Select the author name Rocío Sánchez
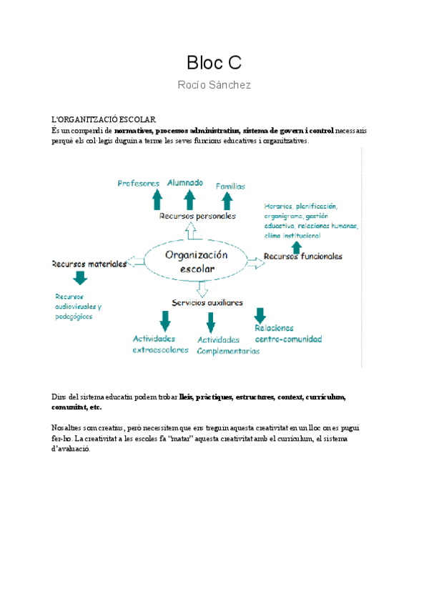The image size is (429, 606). coord(214,85)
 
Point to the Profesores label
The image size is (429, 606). coord(139,184)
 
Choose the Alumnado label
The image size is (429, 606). coord(185,182)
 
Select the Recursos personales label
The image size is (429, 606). coord(197,215)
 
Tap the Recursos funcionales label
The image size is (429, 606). coord(303,256)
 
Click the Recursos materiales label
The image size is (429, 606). coord(89,263)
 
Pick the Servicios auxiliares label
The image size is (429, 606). coord(207,302)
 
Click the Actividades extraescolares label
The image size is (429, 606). coord(160,344)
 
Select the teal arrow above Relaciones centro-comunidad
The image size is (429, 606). coord(260,314)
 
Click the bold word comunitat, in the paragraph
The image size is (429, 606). coord(70,407)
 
